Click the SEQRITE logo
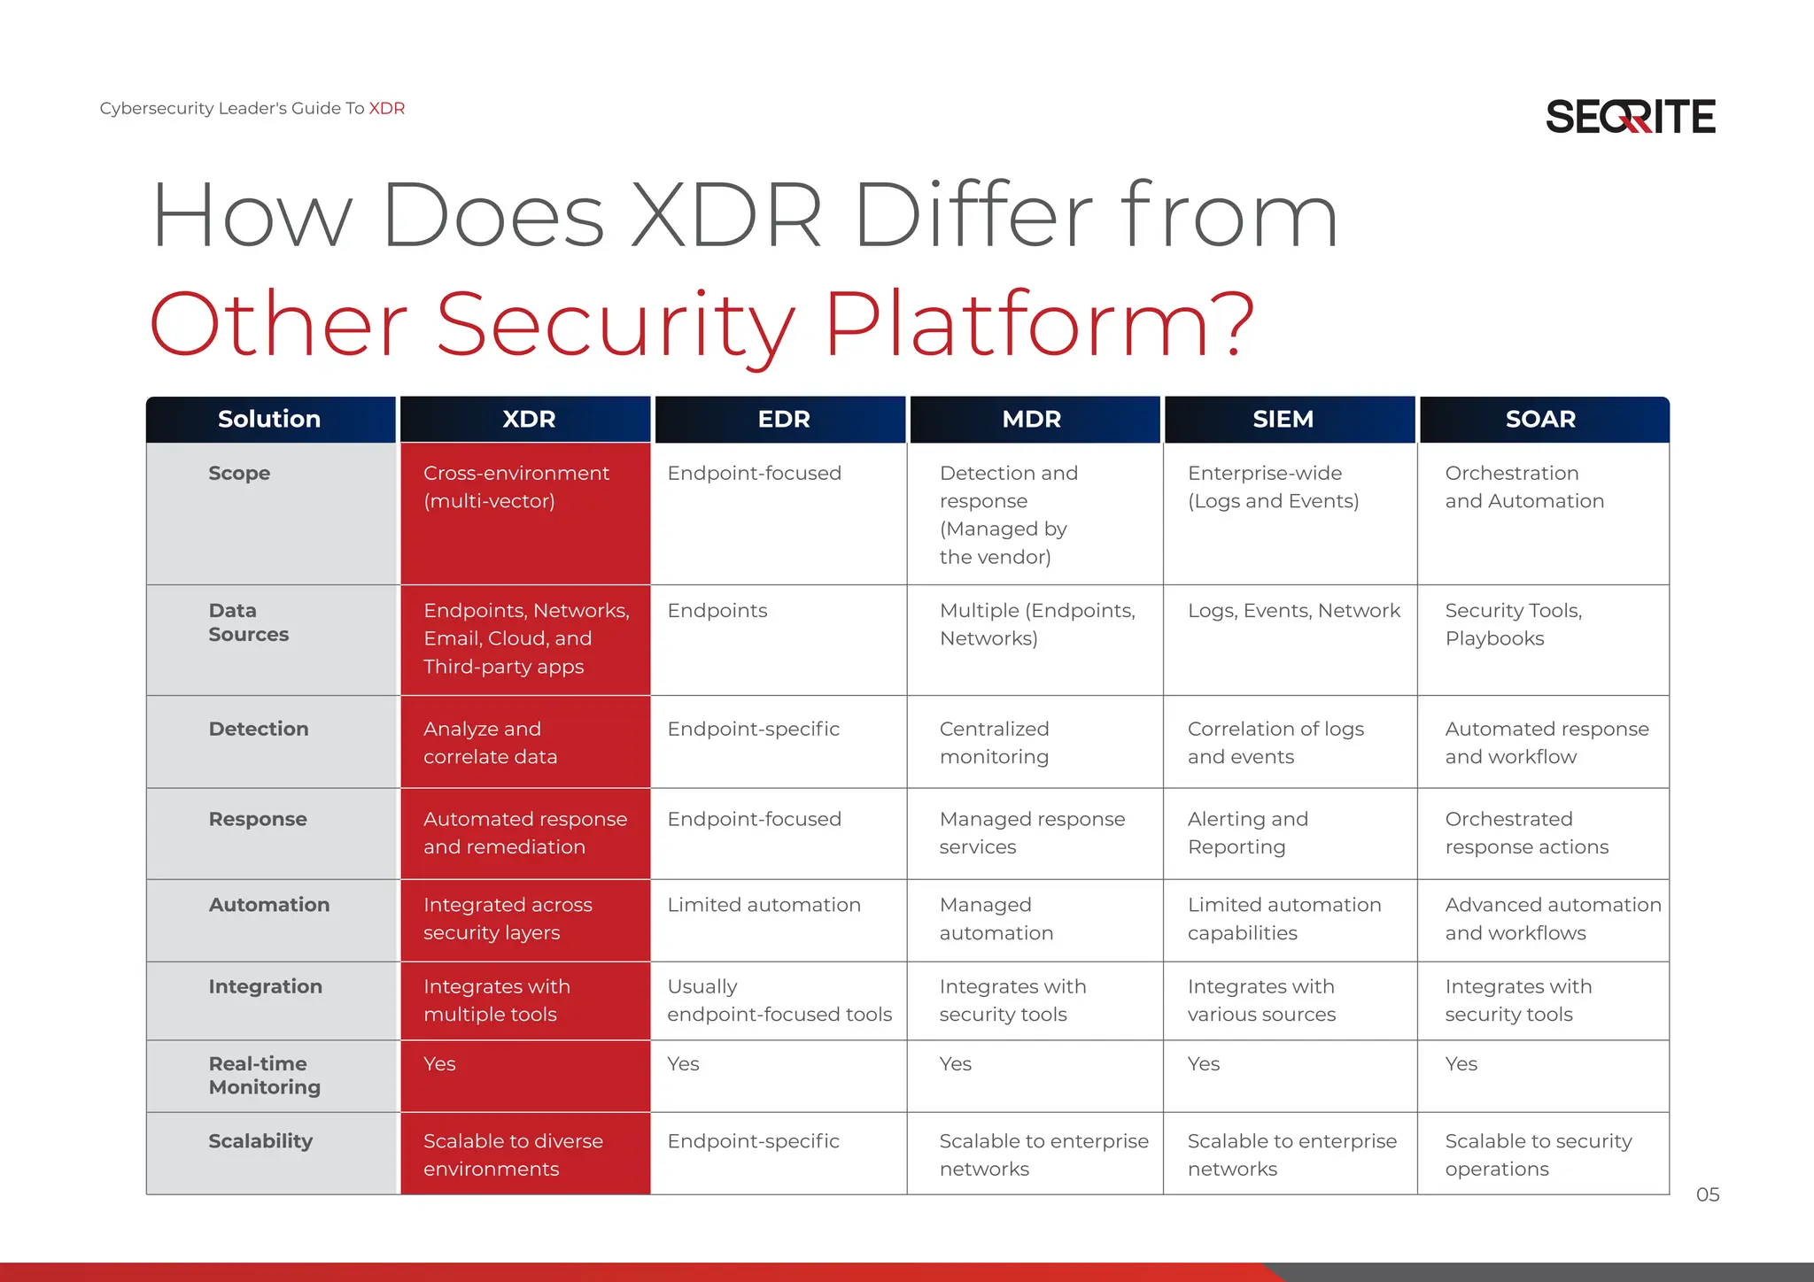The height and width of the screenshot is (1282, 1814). pos(1630,117)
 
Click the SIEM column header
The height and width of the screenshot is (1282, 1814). pos(1283,420)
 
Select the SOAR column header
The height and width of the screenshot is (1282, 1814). pos(1540,420)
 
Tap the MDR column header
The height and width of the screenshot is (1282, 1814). pos(1031,420)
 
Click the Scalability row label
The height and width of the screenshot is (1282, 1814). pos(260,1141)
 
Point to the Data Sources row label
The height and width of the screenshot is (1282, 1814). pos(248,622)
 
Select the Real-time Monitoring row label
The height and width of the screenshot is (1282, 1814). pos(264,1076)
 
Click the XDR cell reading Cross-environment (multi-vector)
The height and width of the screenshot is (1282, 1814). pos(516,487)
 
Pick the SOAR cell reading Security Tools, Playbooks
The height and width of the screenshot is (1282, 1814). pos(1513,624)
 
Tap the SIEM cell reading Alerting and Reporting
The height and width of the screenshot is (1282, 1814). pos(1247,833)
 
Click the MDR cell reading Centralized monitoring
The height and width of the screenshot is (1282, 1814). pos(994,743)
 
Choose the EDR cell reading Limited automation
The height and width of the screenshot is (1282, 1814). pos(764,905)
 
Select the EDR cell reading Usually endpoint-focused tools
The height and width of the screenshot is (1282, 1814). pos(779,1000)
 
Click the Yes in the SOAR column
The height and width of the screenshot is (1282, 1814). pos(1461,1064)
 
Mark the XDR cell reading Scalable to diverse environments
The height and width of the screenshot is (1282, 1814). pos(512,1155)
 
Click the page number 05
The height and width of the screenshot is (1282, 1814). pos(1707,1195)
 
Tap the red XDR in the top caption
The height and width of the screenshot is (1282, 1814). pos(387,109)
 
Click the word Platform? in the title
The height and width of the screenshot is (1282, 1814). pos(1039,326)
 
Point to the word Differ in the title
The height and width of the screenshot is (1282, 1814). pos(973,216)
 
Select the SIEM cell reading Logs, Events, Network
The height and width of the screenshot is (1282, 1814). pos(1293,611)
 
